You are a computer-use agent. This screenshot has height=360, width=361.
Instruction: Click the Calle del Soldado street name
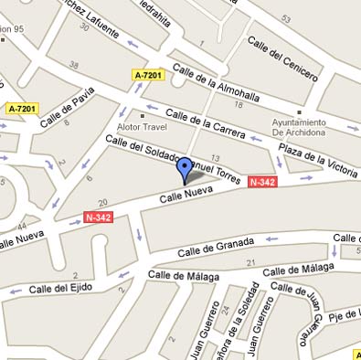tap(137, 151)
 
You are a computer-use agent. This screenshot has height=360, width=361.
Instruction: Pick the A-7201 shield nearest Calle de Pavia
tap(22, 109)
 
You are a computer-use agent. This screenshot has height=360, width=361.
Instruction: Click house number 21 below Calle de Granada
tap(250, 263)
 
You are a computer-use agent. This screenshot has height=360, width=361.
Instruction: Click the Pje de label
tap(345, 315)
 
